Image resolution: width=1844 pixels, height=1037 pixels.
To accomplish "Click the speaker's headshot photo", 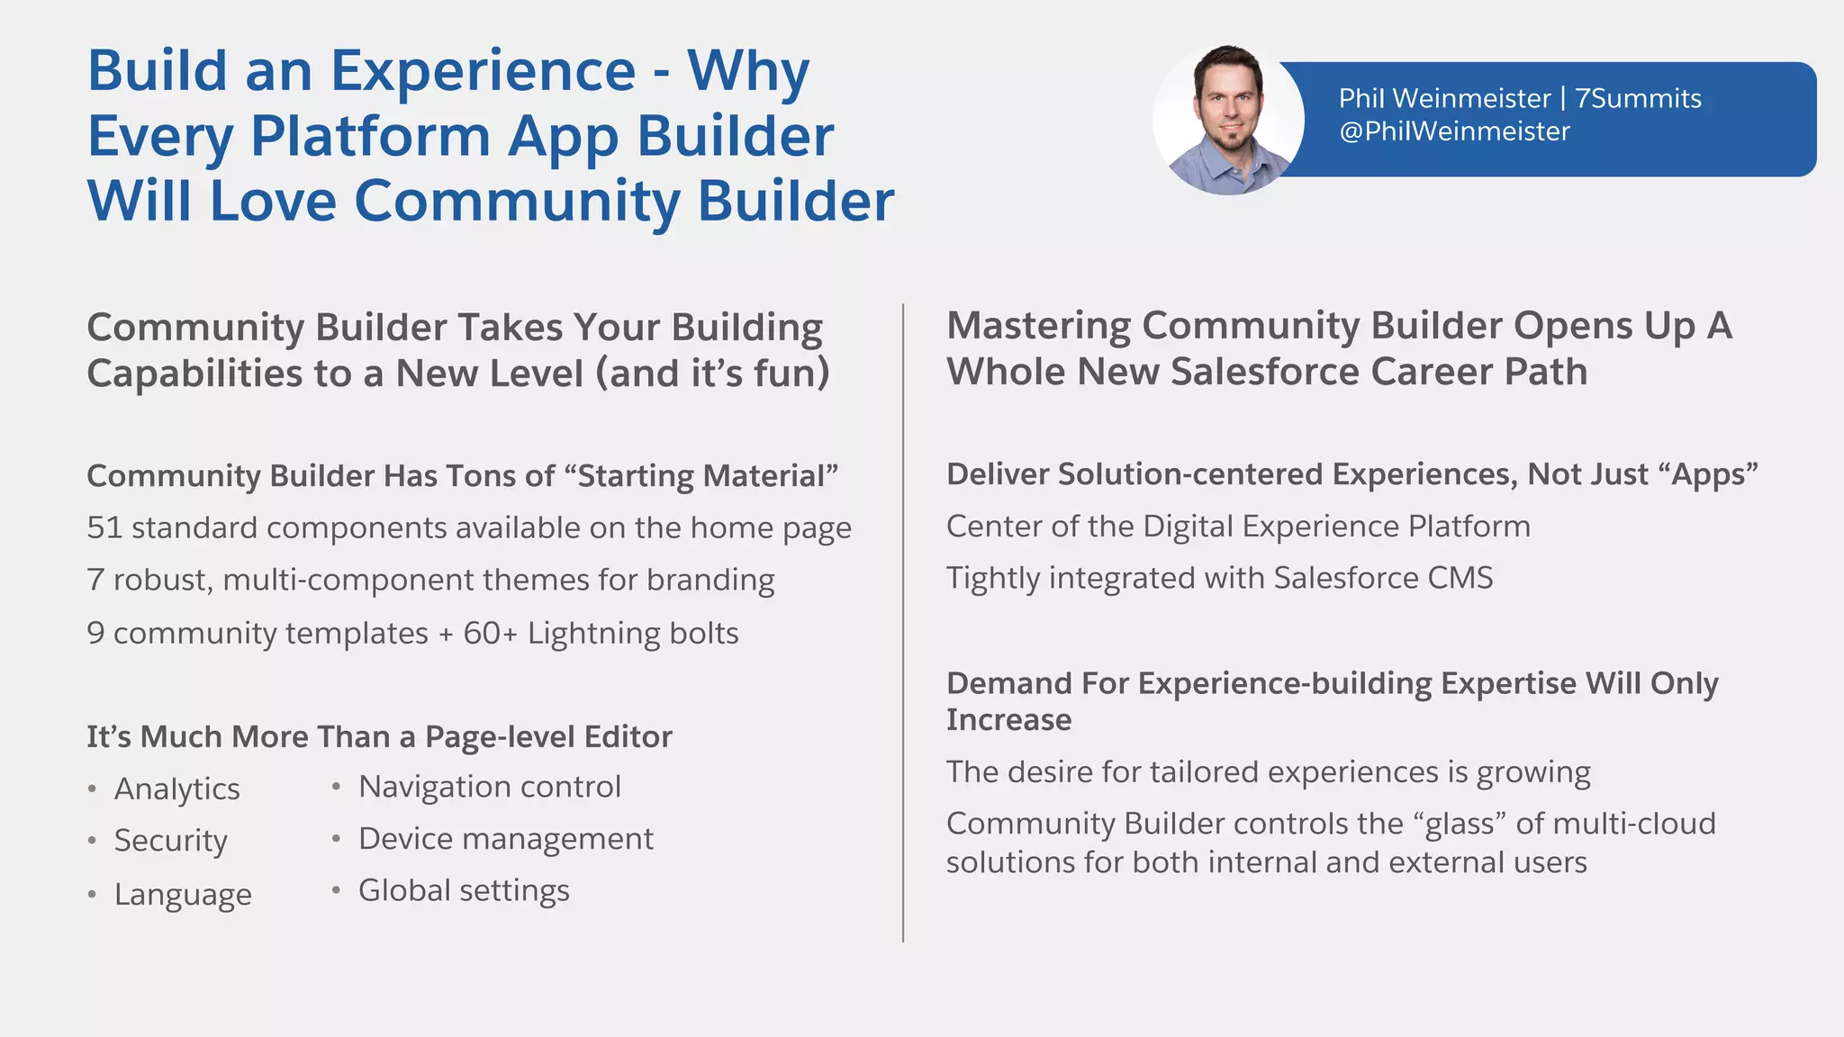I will click(x=1228, y=120).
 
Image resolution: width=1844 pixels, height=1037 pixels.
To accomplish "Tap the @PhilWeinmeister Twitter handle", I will click(x=1454, y=131).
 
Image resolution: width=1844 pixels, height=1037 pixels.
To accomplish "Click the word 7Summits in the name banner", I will click(x=1638, y=98).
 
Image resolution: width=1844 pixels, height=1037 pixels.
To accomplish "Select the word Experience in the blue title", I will click(x=483, y=71).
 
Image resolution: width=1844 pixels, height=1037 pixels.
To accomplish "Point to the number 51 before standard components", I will click(x=104, y=528).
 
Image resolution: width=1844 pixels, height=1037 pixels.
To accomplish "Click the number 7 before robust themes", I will click(x=95, y=580).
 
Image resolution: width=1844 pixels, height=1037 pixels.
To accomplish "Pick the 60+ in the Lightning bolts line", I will click(x=490, y=634).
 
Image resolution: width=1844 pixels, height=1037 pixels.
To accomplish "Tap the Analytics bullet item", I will click(x=176, y=789).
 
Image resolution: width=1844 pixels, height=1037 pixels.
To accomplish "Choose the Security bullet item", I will click(x=170, y=841).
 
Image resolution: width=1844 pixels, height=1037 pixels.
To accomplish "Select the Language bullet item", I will click(x=183, y=895).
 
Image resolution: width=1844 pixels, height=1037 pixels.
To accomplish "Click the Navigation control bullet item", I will click(x=489, y=787).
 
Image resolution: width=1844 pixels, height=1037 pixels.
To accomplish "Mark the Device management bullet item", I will click(x=505, y=839).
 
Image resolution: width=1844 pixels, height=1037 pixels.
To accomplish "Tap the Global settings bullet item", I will click(x=464, y=890).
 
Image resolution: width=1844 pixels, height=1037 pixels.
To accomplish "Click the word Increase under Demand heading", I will click(x=1008, y=720).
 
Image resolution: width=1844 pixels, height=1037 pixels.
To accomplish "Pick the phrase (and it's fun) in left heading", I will click(x=712, y=374).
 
